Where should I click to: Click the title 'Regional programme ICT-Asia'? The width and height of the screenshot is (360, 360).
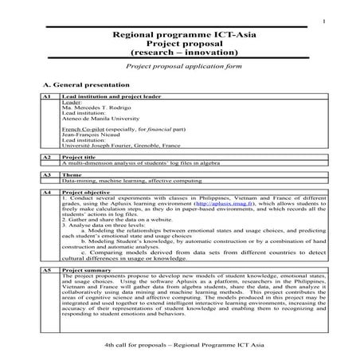click(x=179, y=35)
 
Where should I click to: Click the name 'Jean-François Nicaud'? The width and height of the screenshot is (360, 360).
click(x=90, y=134)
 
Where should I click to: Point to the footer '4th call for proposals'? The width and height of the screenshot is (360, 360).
click(x=132, y=348)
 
